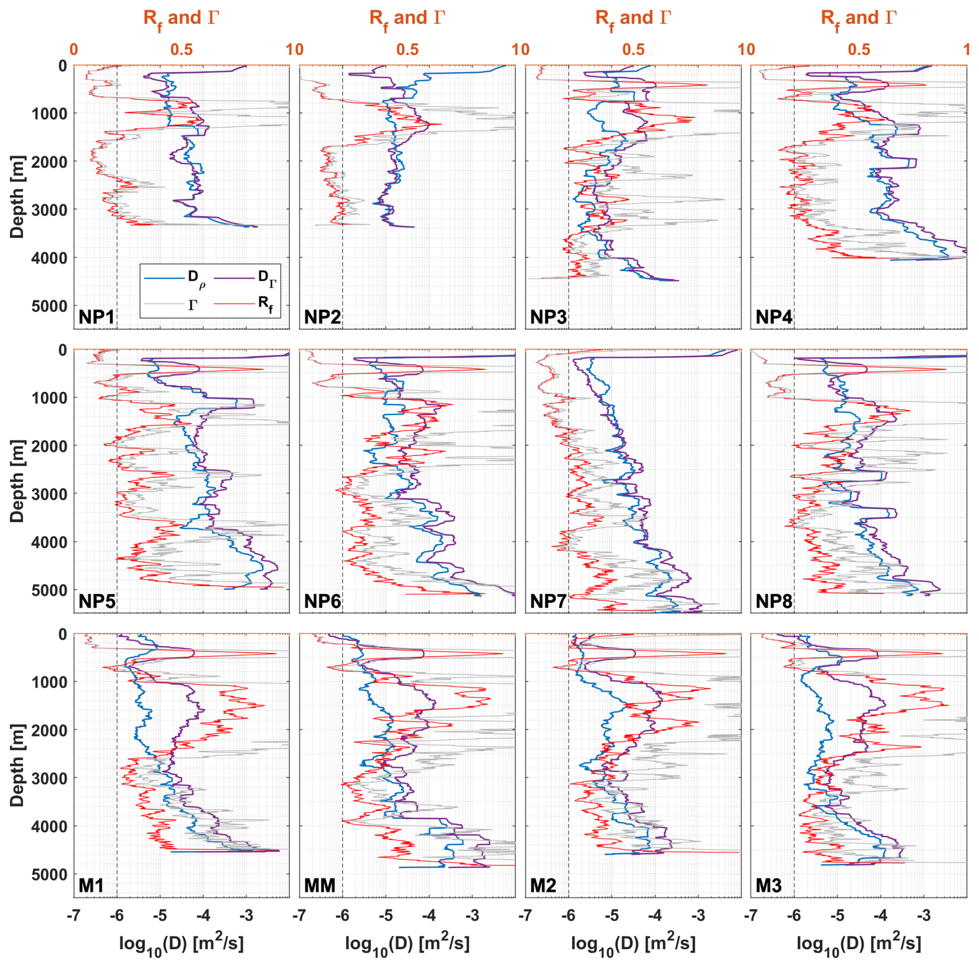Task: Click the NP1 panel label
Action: pyautogui.click(x=96, y=317)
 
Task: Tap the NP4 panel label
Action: pyautogui.click(x=774, y=317)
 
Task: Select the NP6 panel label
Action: pyautogui.click(x=322, y=601)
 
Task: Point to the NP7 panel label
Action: pyautogui.click(x=548, y=601)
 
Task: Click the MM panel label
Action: pyautogui.click(x=320, y=885)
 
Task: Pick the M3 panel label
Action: pyautogui.click(x=769, y=885)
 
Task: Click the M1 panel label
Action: pyautogui.click(x=91, y=885)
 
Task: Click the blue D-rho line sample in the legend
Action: pyautogui.click(x=164, y=278)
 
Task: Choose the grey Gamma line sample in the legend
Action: pyautogui.click(x=164, y=303)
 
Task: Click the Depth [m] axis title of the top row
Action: pyautogui.click(x=17, y=197)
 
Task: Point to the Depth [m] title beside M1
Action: pyautogui.click(x=17, y=765)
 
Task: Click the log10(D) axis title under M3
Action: pyautogui.click(x=858, y=944)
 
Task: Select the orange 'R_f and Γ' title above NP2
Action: pyautogui.click(x=407, y=19)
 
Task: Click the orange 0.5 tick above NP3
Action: pyautogui.click(x=633, y=50)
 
